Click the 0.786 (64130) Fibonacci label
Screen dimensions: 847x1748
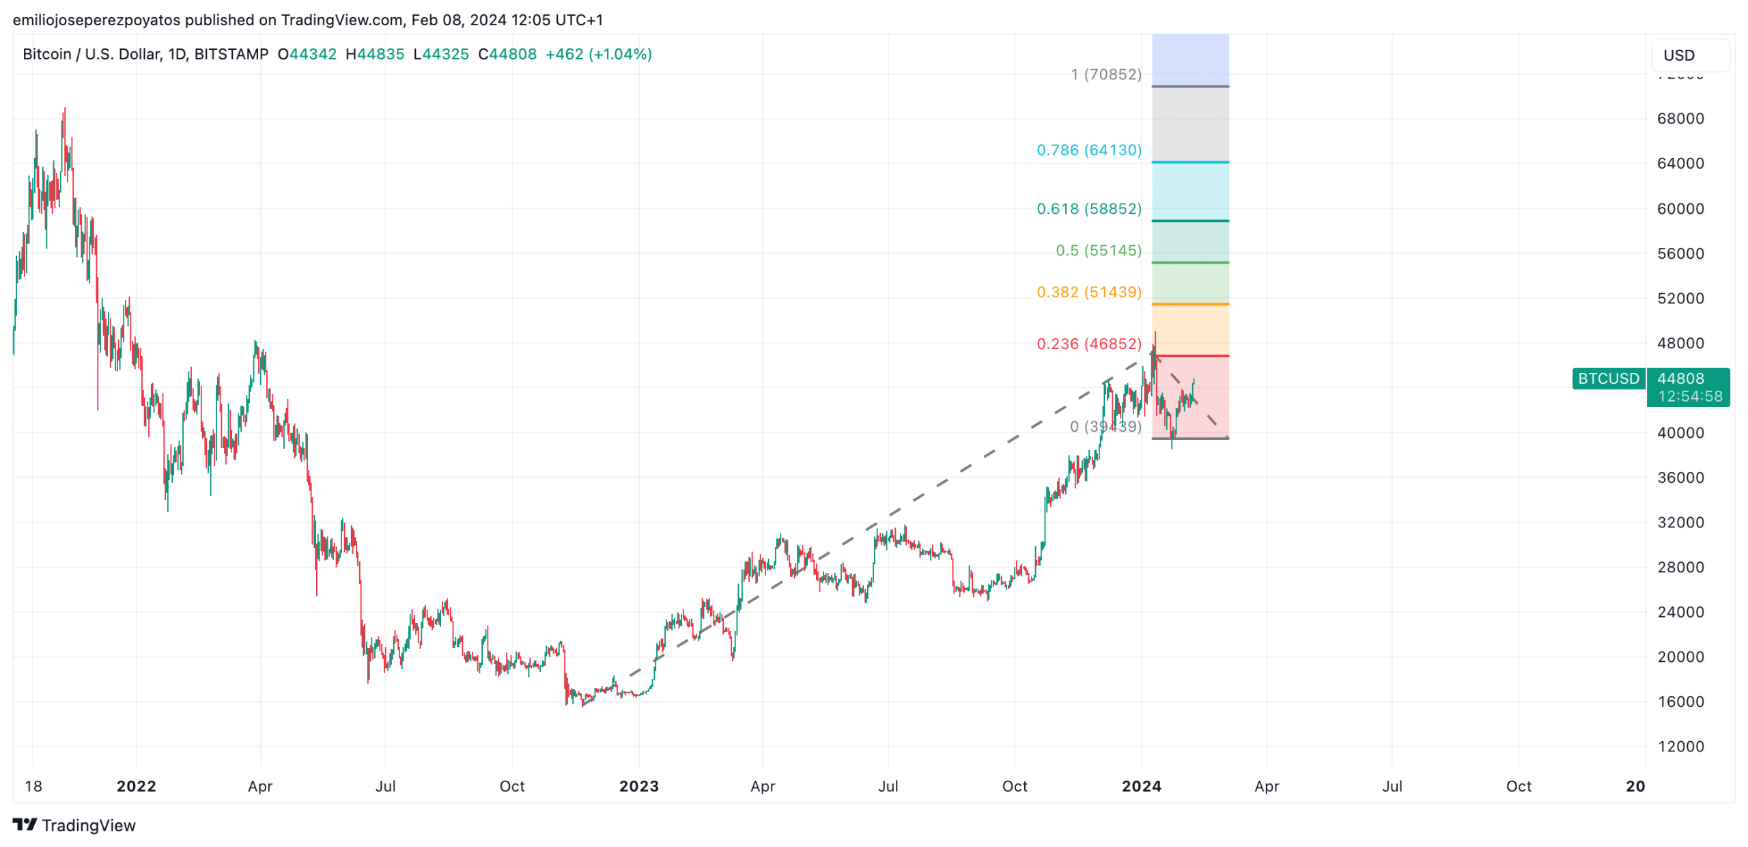coord(1088,150)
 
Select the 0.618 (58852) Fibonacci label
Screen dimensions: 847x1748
coord(1088,208)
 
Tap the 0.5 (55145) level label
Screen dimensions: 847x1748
coord(1098,250)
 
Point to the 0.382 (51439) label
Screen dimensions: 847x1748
coord(1088,292)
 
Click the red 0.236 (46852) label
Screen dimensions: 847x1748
coord(1088,344)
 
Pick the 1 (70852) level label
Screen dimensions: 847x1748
coord(1105,74)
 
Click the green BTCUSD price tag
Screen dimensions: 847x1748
coord(1607,378)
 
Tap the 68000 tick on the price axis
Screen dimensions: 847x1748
coord(1680,118)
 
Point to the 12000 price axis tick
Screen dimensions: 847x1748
coord(1680,746)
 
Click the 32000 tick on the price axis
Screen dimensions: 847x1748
coord(1680,522)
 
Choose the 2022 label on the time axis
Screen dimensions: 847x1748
coord(136,786)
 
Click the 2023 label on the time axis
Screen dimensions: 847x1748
coord(638,786)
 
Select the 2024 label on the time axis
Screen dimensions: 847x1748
coord(1141,786)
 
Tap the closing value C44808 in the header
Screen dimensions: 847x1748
coord(507,54)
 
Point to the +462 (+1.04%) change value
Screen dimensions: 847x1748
coord(598,54)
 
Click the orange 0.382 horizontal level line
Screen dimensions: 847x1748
coord(1189,304)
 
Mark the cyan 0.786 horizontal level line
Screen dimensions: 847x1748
coord(1189,162)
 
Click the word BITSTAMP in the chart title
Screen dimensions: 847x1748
coord(231,54)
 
